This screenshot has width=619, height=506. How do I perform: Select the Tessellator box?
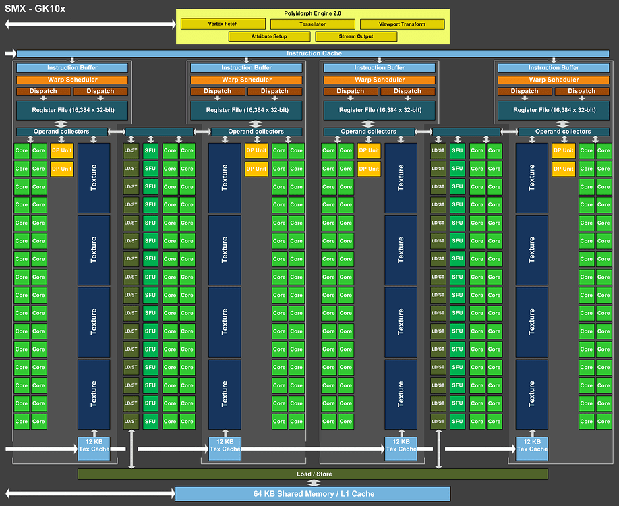(312, 24)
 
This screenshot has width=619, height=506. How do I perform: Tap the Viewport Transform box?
(402, 24)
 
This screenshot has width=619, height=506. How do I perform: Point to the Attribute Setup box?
(269, 36)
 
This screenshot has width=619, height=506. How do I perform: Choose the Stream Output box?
(357, 36)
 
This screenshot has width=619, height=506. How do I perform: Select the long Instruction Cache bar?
(314, 53)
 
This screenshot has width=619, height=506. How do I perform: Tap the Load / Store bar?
(313, 474)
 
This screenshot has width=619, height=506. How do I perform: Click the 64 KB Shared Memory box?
(314, 494)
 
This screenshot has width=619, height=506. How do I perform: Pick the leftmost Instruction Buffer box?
(72, 68)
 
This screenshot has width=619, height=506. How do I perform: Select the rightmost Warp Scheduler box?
(554, 80)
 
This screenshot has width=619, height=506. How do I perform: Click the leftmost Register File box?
(72, 109)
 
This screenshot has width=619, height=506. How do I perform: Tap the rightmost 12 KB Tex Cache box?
(532, 445)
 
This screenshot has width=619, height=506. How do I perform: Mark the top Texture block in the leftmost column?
(93, 177)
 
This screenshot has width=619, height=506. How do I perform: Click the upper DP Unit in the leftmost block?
(62, 150)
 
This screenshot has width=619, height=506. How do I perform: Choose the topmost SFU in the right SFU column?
(458, 150)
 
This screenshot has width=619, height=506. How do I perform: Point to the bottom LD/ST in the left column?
(131, 422)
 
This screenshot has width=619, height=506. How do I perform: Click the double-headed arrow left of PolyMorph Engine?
(90, 24)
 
